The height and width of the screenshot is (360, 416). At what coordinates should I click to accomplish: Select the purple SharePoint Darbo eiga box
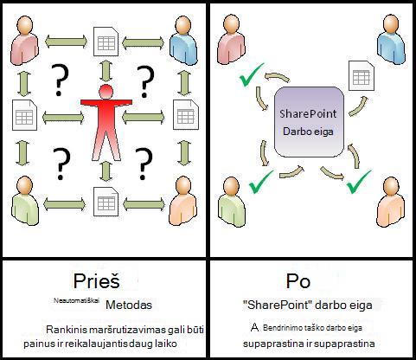(x=309, y=122)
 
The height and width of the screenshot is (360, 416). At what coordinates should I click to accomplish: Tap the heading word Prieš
(x=96, y=280)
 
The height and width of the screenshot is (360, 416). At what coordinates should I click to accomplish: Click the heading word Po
(x=298, y=280)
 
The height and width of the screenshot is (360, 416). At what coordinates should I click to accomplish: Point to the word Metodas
(x=129, y=305)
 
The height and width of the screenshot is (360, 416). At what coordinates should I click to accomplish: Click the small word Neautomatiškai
(x=76, y=300)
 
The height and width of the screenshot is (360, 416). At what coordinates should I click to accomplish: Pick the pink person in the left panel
(x=24, y=40)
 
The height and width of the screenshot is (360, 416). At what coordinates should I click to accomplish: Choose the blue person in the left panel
(x=183, y=40)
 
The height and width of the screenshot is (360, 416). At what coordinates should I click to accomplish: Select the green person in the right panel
(x=231, y=202)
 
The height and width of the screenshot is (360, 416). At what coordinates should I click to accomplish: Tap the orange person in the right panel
(x=391, y=202)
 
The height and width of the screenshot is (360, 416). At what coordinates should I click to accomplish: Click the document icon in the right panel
(x=362, y=75)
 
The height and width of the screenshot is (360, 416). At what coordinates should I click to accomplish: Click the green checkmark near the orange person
(x=358, y=182)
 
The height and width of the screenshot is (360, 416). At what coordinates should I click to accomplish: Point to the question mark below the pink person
(x=60, y=80)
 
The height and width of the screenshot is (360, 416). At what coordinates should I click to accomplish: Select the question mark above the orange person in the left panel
(x=144, y=164)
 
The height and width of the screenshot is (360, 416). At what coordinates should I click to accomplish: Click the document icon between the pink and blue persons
(x=106, y=42)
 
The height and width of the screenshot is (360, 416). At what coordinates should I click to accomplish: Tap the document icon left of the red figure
(x=25, y=115)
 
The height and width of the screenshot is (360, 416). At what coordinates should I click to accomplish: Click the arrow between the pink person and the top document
(x=66, y=42)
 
